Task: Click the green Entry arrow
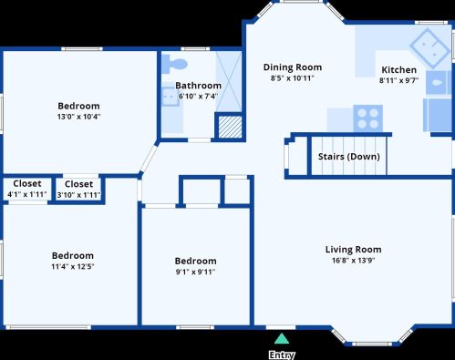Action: click(x=282, y=339)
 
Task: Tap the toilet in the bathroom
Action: click(x=174, y=64)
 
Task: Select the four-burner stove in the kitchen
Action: click(x=367, y=118)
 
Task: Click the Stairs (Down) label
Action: click(x=349, y=157)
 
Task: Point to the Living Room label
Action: click(x=353, y=250)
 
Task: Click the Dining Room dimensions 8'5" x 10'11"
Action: click(x=292, y=78)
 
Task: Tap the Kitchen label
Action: click(x=398, y=69)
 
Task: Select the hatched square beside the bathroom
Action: click(x=231, y=127)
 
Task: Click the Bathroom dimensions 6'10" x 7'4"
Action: click(x=198, y=97)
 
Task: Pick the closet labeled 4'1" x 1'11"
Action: click(x=27, y=189)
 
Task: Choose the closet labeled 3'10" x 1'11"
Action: click(x=78, y=189)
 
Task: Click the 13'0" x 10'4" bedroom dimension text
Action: click(x=78, y=117)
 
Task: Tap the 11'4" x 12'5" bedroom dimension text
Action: click(x=73, y=266)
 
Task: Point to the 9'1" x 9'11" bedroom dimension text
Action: click(x=195, y=272)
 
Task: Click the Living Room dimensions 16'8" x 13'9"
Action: click(x=353, y=261)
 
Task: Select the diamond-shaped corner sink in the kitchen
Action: click(x=429, y=48)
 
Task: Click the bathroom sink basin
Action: click(x=171, y=97)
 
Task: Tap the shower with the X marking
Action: click(x=229, y=81)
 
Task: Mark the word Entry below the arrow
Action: click(x=282, y=355)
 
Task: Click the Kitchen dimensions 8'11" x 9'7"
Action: click(x=398, y=80)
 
